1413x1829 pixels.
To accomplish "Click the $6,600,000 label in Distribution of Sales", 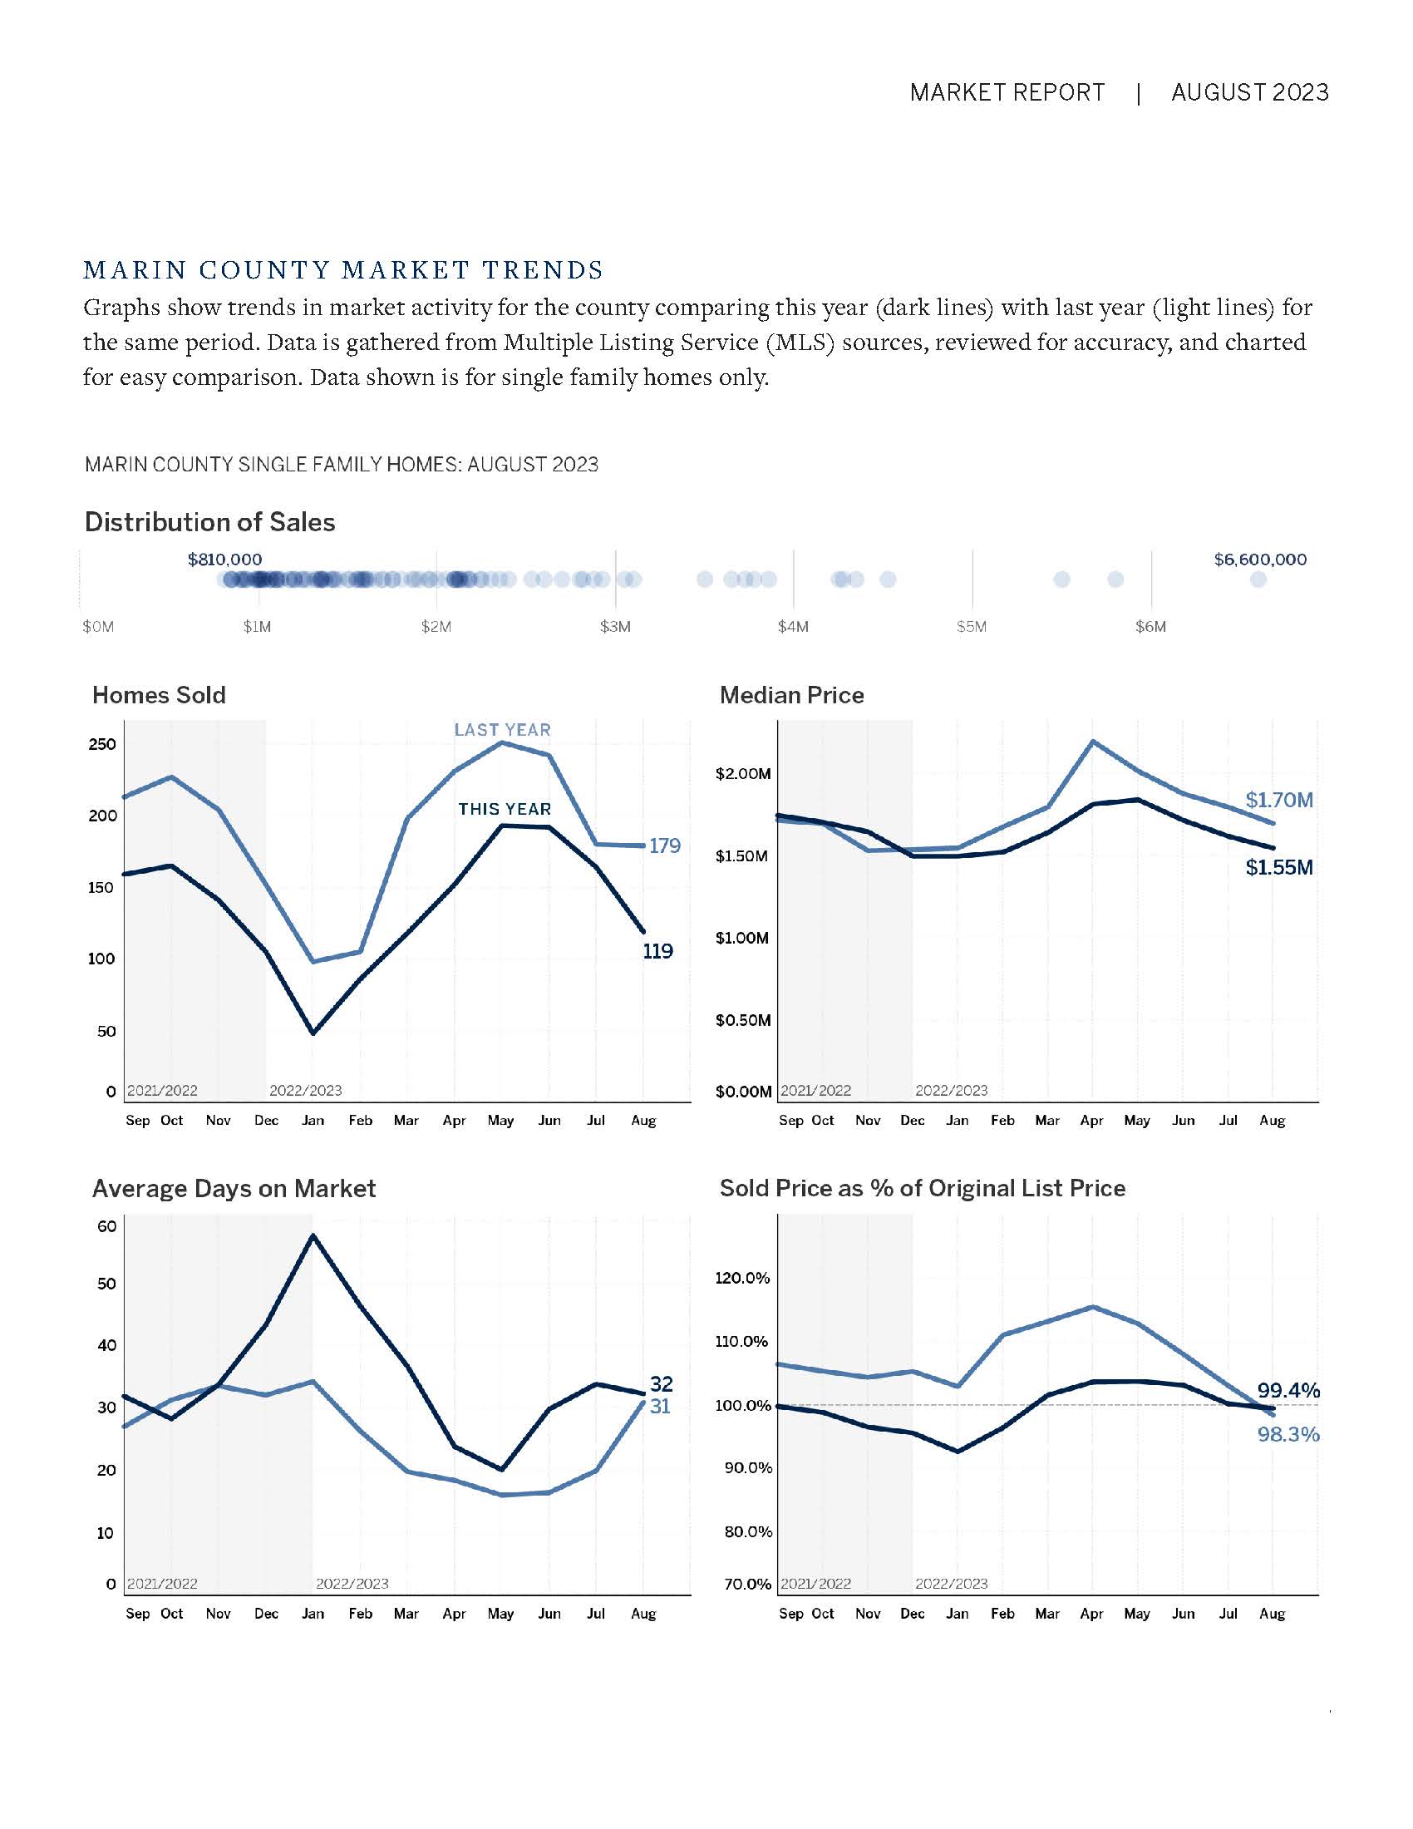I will pos(1259,560).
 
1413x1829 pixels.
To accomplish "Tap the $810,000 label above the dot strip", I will pos(224,560).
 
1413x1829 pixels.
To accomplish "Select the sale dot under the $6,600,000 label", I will pos(1258,579).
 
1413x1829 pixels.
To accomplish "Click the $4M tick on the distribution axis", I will pos(793,627).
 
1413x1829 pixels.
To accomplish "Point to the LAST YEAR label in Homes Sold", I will pos(502,730).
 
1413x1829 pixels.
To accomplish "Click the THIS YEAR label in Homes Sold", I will pos(504,809).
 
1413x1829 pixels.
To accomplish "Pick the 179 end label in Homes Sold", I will pos(665,845).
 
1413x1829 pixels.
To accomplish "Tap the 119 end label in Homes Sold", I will pos(658,951).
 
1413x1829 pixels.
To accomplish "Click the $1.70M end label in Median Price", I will pos(1278,800).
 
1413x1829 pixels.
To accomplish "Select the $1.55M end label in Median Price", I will pos(1278,868).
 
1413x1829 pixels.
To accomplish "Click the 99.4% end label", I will pos(1287,1391).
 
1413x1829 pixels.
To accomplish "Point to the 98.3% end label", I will pos(1287,1435).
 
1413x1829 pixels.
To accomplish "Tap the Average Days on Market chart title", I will pos(234,1188).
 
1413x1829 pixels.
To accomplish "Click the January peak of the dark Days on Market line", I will pos(313,1236).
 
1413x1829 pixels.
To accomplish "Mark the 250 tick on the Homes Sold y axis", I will pos(102,745).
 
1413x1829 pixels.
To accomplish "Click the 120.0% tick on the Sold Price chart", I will pos(741,1278).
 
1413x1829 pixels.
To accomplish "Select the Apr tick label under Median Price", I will pos(1091,1121).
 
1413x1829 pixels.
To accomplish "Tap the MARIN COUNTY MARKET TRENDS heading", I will pos(343,270).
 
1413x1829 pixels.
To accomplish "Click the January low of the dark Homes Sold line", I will pos(313,1033).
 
